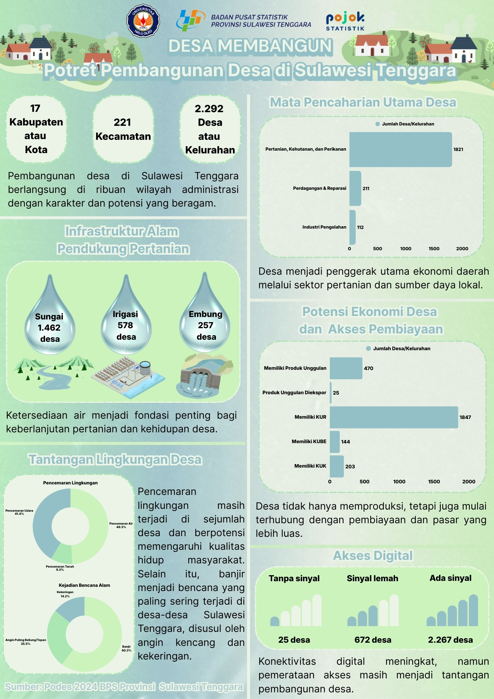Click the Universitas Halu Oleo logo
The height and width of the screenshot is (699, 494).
tap(143, 21)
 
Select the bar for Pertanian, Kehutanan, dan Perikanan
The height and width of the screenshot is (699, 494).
tap(400, 149)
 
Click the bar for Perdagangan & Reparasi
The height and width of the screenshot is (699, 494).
tap(355, 188)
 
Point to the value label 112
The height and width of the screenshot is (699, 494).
tap(360, 227)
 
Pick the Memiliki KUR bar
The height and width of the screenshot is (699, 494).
tap(394, 417)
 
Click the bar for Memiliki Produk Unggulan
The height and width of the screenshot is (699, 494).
tap(346, 368)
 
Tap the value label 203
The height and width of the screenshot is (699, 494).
tap(350, 466)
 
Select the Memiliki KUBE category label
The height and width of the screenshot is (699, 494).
tap(309, 441)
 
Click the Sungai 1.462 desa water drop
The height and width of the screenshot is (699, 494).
tap(50, 322)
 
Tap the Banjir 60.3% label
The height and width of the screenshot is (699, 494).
tap(126, 648)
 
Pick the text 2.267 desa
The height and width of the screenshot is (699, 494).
tap(450, 640)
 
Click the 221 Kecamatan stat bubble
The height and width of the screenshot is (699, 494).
tap(123, 129)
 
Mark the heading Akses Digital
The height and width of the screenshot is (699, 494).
tap(373, 555)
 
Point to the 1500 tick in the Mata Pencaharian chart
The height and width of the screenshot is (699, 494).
tap(434, 248)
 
